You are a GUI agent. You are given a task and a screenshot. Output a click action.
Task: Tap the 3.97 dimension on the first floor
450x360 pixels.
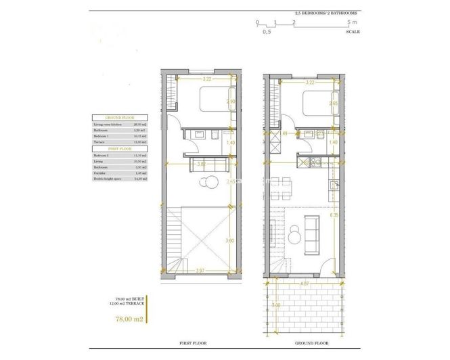201,271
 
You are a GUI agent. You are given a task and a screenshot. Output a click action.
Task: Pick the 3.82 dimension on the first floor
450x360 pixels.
201,163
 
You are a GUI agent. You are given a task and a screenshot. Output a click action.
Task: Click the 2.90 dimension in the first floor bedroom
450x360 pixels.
230,102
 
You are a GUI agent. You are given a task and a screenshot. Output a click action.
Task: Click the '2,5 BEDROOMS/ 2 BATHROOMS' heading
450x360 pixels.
327,13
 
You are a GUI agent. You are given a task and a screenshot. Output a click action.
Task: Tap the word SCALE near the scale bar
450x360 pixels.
353,32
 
